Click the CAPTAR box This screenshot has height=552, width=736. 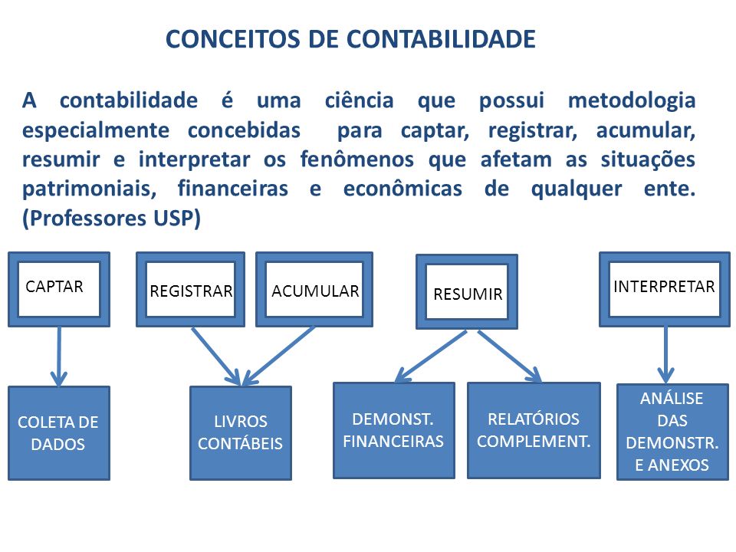59,289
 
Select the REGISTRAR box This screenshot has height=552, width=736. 191,289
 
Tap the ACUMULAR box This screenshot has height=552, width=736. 314,289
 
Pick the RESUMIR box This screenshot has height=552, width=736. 467,291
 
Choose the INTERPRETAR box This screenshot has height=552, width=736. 665,289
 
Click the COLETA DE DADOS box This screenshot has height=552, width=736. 59,432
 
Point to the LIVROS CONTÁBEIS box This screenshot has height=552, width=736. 241,432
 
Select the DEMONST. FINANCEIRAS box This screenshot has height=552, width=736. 394,430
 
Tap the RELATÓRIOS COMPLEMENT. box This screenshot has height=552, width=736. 534,430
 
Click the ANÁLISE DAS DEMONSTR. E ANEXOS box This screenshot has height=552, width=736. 672,432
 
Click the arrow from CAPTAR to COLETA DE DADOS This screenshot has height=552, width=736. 59,356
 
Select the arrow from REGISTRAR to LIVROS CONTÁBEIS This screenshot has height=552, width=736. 216,356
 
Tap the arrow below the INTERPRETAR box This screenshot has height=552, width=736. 665,355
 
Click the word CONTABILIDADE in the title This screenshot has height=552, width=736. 442,39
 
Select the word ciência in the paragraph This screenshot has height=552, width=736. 360,100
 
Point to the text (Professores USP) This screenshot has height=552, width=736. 112,219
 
